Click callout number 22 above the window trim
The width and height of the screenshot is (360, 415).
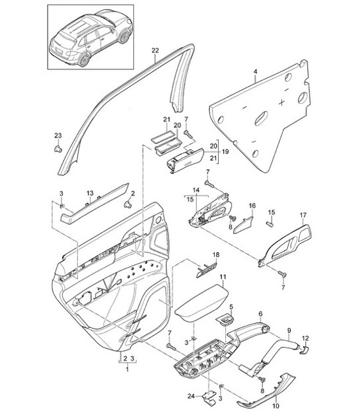click(155, 51)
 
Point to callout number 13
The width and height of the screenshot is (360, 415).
click(90, 192)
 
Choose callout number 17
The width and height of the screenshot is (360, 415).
click(303, 215)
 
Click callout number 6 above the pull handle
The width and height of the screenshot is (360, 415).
click(260, 314)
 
